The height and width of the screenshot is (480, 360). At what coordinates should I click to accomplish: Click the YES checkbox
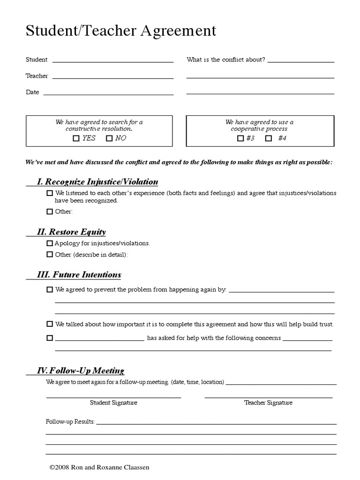pos(76,138)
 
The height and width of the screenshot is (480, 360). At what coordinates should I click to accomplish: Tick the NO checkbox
pos(109,138)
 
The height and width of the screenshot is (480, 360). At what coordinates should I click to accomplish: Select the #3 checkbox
pos(240,138)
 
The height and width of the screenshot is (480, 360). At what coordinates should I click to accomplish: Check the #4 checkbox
pos(269,138)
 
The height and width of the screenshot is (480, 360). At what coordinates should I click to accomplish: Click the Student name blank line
pos(113,61)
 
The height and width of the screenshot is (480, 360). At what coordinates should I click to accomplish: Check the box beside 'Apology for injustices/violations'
pos(50,244)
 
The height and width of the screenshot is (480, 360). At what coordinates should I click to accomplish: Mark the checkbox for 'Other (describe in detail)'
pos(50,255)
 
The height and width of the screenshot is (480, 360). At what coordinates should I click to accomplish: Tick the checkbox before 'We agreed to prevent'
pos(50,290)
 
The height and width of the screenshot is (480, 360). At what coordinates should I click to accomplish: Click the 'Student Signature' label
pos(113,403)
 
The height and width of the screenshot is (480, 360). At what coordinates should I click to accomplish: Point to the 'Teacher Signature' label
pos(268,403)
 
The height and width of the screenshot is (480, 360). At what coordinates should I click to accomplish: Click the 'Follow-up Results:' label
pos(70,422)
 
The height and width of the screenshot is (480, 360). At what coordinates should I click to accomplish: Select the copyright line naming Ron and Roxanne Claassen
pos(99,467)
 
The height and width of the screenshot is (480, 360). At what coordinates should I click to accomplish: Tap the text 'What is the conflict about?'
pos(226,60)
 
